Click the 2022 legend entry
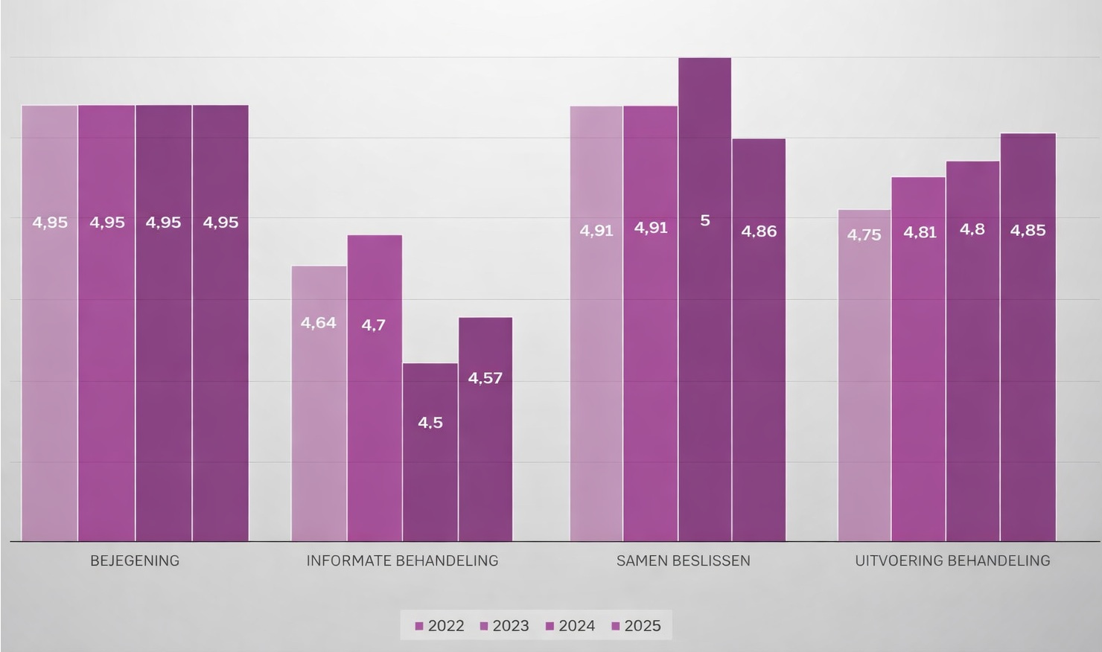tap(440, 626)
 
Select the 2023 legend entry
tap(505, 626)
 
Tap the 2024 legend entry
tap(570, 626)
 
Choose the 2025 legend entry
tap(636, 626)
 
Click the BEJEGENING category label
tap(135, 560)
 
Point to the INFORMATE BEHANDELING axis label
tap(402, 560)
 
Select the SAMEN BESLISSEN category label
tap(683, 560)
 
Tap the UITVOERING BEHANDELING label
tap(952, 560)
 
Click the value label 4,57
tap(485, 378)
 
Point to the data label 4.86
tap(759, 231)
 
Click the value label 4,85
tap(1028, 231)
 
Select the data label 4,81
tap(920, 232)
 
